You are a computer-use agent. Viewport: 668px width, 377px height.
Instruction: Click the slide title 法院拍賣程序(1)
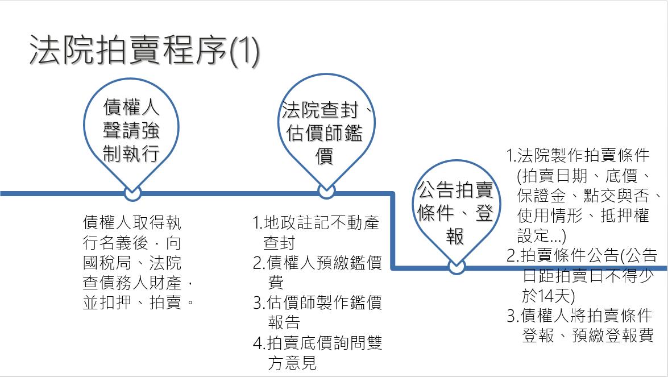(x=144, y=51)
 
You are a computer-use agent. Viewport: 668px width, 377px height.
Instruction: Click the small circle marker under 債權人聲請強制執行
(x=132, y=193)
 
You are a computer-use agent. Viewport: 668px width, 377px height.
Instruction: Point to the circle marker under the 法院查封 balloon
(x=326, y=192)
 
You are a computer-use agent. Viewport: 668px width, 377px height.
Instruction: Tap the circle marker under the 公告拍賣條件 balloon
(x=457, y=267)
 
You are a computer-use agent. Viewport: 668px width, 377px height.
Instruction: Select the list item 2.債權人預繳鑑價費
(x=317, y=263)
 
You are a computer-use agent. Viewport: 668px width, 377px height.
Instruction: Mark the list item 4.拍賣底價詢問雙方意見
(x=317, y=343)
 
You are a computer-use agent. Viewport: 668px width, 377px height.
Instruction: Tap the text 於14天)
(x=549, y=296)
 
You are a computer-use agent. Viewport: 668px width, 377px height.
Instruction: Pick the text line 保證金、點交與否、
(x=588, y=196)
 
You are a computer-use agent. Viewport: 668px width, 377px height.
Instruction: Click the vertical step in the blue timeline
(x=393, y=230)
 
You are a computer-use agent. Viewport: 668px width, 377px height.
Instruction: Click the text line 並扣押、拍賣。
(x=139, y=303)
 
